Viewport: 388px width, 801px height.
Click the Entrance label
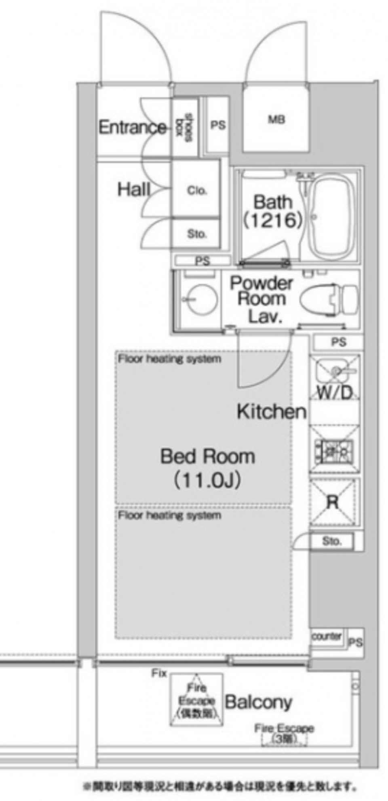pyautogui.click(x=132, y=127)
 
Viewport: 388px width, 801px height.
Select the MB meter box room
pyautogui.click(x=276, y=120)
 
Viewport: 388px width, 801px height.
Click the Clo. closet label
pyautogui.click(x=197, y=190)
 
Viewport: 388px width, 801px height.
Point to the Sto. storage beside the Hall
pyautogui.click(x=197, y=234)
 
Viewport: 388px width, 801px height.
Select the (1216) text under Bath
pyautogui.click(x=273, y=220)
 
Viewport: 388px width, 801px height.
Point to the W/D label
pyautogui.click(x=335, y=393)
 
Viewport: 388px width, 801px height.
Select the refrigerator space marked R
pyautogui.click(x=333, y=502)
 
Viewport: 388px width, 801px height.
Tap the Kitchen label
pyautogui.click(x=271, y=412)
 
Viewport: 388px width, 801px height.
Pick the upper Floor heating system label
pyautogui.click(x=169, y=359)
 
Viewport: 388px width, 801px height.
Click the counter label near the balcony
pyautogui.click(x=326, y=636)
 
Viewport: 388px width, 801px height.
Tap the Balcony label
pyautogui.click(x=258, y=702)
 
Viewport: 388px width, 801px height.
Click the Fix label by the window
pyautogui.click(x=159, y=674)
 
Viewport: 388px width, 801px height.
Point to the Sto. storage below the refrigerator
pyautogui.click(x=331, y=541)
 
